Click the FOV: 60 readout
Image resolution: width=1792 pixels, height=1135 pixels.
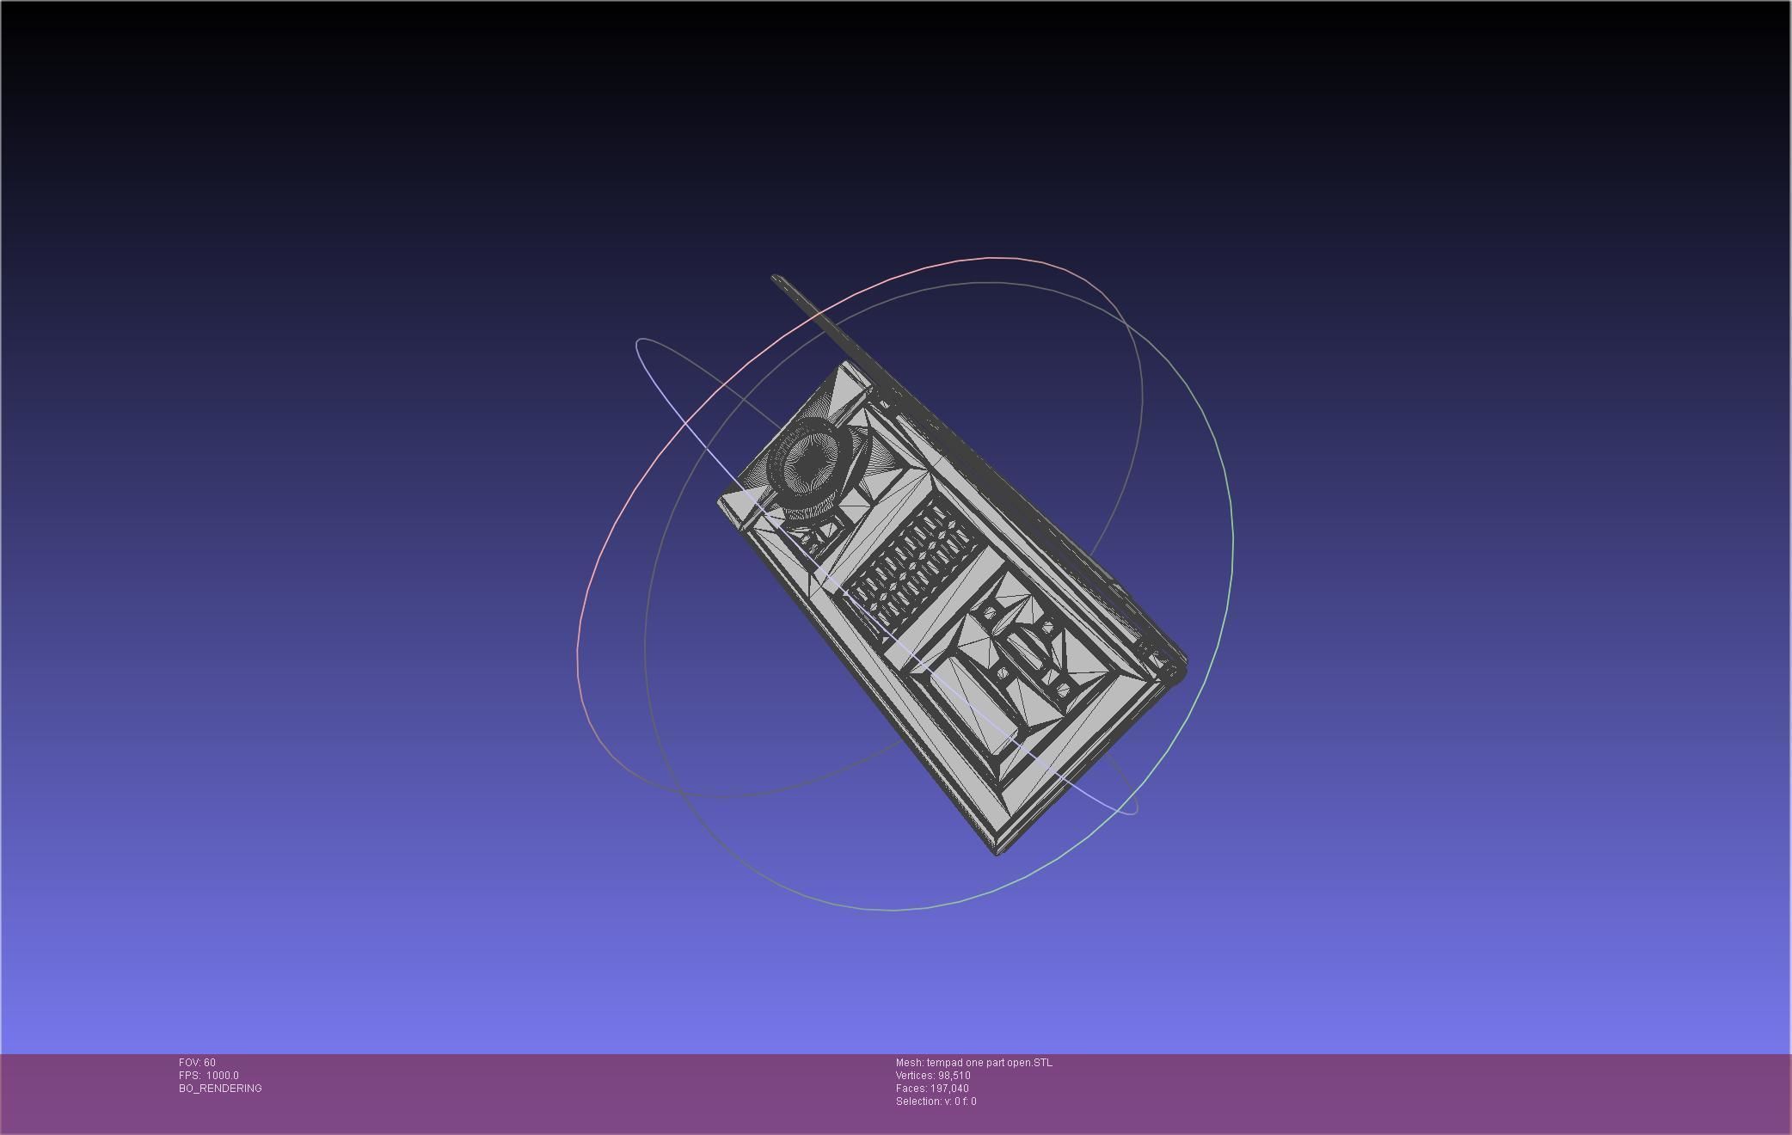(x=197, y=1063)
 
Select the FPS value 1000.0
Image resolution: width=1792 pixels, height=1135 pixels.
(x=222, y=1076)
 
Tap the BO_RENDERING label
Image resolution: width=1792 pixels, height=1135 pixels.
(x=220, y=1089)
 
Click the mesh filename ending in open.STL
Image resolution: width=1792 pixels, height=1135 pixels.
(x=989, y=1063)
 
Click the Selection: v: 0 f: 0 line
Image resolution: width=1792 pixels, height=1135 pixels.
(x=936, y=1101)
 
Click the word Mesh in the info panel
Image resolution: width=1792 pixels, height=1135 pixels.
(x=908, y=1063)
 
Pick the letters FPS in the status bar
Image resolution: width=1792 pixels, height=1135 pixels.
(x=188, y=1076)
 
